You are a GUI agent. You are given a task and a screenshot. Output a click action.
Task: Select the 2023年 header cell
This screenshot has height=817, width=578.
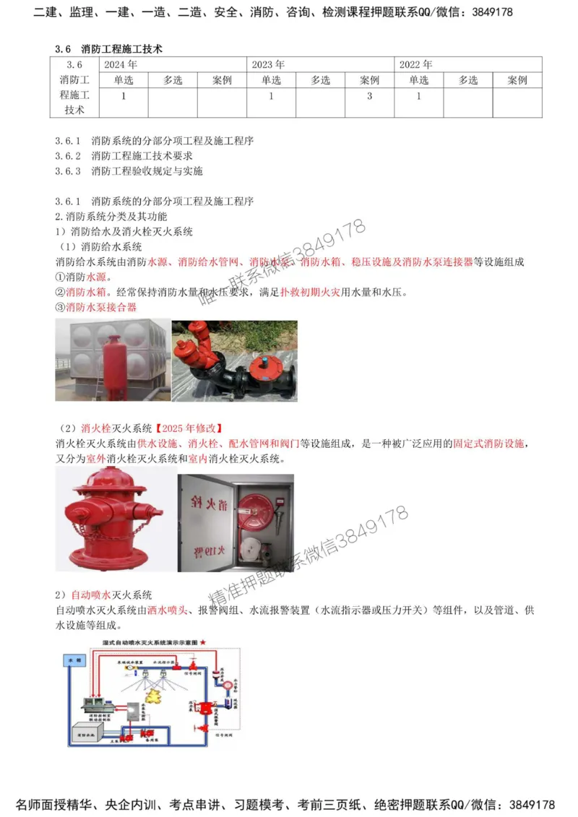click(x=268, y=64)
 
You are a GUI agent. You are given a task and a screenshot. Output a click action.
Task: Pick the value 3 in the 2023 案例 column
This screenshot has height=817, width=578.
click(x=369, y=96)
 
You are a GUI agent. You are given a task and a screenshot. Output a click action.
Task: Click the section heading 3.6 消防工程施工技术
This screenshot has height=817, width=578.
click(x=108, y=48)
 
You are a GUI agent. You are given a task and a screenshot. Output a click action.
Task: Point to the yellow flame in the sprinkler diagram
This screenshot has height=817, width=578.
click(x=154, y=695)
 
